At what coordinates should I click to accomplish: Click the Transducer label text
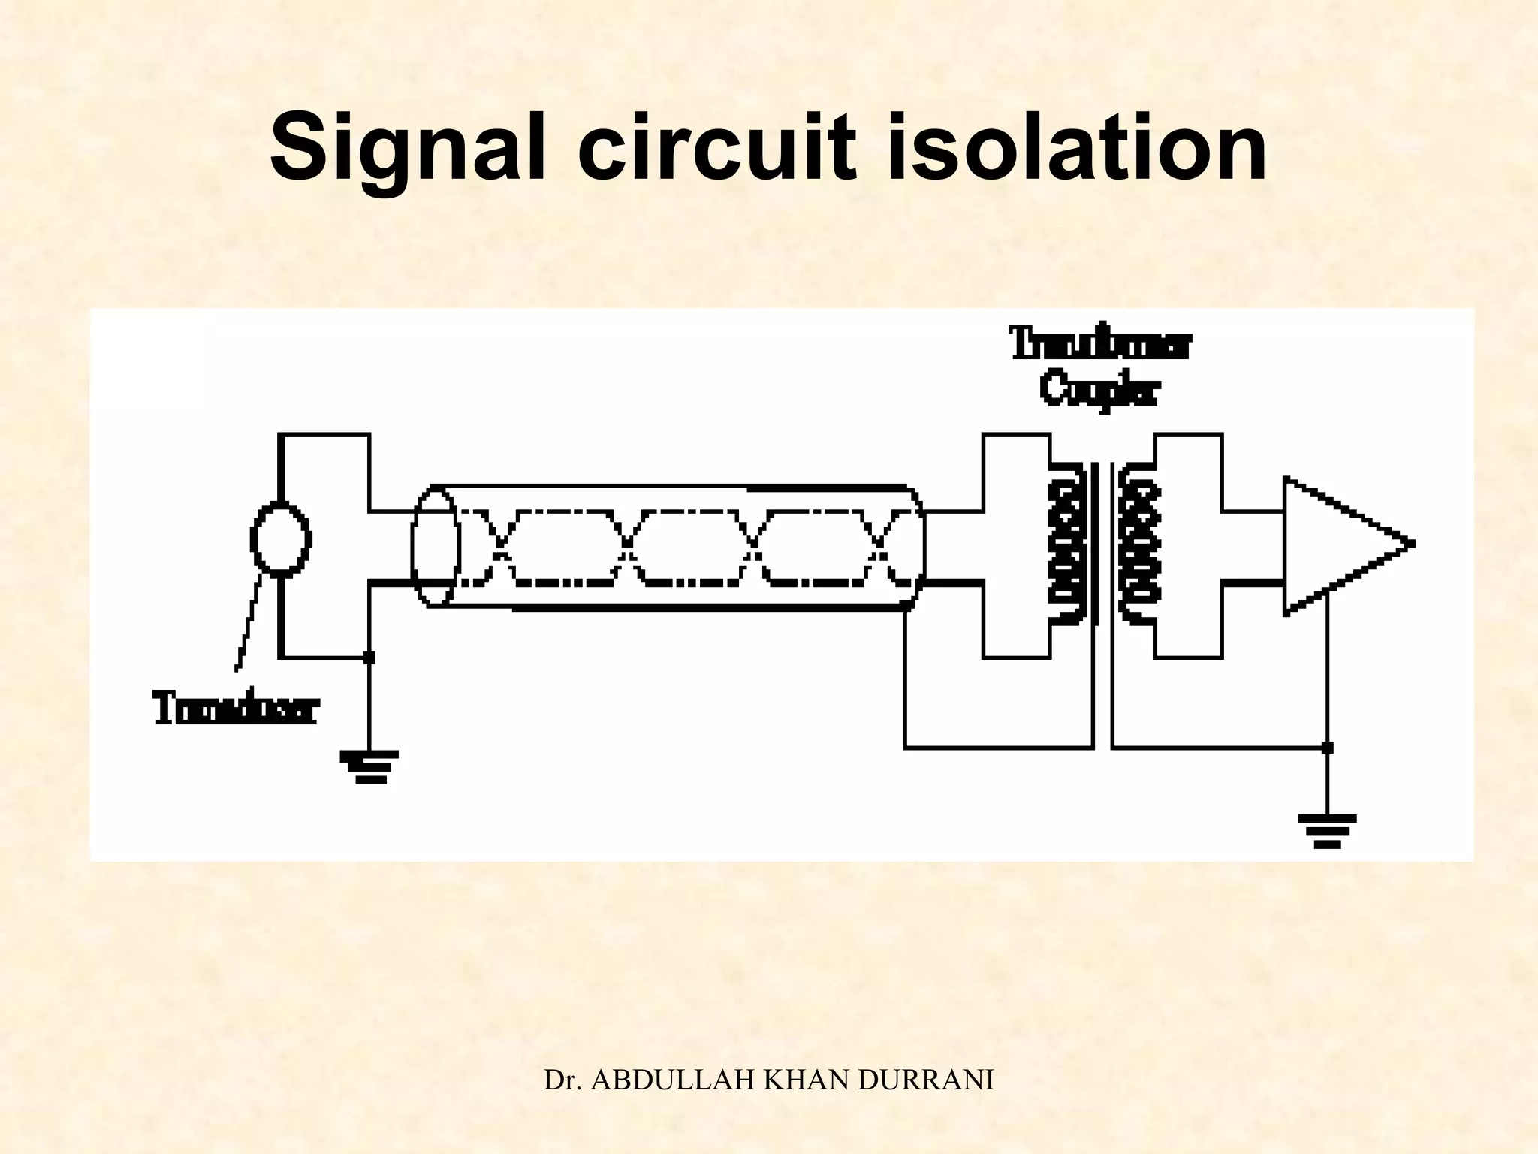tap(237, 709)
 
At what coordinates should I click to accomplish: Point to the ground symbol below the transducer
tap(369, 766)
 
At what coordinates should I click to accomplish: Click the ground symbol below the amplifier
tap(1327, 830)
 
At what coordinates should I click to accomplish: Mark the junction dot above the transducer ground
tap(369, 657)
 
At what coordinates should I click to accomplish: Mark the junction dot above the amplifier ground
tap(1327, 748)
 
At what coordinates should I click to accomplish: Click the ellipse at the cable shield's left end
tap(435, 546)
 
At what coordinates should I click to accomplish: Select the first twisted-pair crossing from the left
tap(502, 546)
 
